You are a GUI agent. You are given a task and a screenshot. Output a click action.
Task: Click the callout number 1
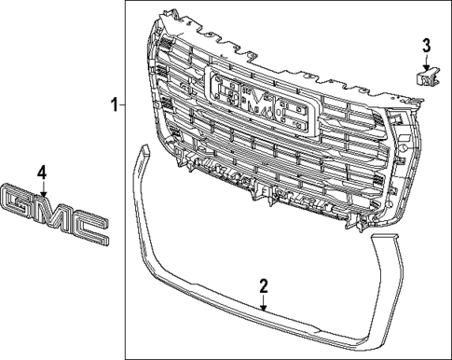[x=115, y=105]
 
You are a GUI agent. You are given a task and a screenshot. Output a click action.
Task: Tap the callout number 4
[x=41, y=172]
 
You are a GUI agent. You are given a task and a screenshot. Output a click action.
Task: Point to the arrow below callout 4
[x=41, y=186]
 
